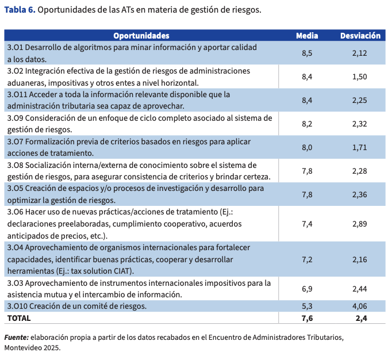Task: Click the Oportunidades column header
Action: pos(141,36)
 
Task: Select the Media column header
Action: pos(307,36)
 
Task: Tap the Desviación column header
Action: pos(360,36)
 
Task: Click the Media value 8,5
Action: pos(307,53)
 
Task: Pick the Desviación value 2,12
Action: pos(360,53)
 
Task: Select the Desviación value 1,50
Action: pos(360,76)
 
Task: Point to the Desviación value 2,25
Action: pos(360,100)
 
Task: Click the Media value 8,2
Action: pos(307,124)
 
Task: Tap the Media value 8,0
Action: pos(307,147)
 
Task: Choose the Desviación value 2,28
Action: pos(360,171)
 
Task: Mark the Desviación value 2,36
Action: pos(360,194)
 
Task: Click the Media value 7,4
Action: pos(307,224)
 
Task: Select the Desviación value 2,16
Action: pos(360,259)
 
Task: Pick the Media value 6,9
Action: pos(307,289)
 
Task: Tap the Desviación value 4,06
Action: pos(360,306)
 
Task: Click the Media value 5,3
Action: pos(307,306)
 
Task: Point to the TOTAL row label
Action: pos(19,317)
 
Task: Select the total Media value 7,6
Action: pos(307,317)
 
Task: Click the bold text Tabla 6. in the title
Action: pos(20,10)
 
